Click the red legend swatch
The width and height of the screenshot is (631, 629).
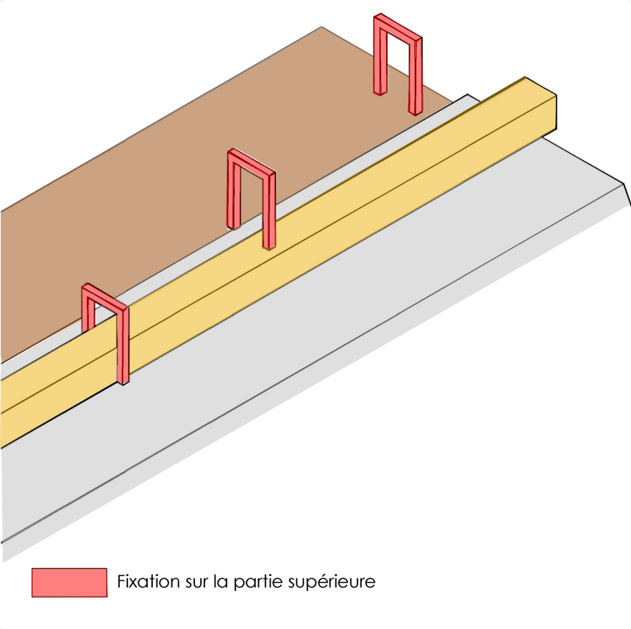[69, 582]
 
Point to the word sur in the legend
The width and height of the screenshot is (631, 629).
[194, 582]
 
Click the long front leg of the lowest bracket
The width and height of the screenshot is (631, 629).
[123, 345]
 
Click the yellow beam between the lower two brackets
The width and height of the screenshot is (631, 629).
[199, 294]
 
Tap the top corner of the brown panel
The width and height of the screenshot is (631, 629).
[321, 28]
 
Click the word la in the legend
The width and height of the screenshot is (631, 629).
[220, 582]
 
